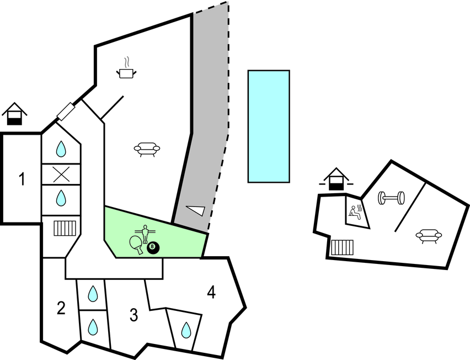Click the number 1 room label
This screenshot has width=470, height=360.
22,179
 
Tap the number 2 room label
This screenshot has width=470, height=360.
61,308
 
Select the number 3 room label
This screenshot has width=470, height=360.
133,315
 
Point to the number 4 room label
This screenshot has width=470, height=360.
211,292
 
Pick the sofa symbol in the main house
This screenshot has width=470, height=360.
147,149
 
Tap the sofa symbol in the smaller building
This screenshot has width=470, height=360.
429,236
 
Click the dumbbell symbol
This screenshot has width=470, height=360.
391,198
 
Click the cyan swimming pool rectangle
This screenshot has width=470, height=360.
269,126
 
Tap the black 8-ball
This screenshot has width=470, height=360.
153,248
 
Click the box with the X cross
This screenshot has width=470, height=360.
61,174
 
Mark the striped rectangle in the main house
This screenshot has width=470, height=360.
64,228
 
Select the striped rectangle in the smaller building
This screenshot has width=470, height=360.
343,247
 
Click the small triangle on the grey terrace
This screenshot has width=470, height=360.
196,210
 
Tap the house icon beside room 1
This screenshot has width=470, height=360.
14,114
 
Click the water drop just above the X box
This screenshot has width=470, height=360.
61,149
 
